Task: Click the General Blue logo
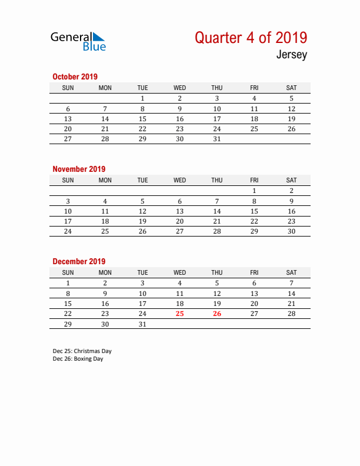(78, 41)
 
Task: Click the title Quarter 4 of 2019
(251, 38)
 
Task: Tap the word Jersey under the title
(292, 56)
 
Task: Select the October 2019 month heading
(75, 76)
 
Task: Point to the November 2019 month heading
(79, 169)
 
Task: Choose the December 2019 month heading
(79, 261)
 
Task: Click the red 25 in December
(179, 314)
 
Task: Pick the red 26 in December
(217, 314)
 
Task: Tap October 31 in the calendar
(217, 139)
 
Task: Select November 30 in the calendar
(291, 231)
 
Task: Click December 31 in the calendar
(142, 324)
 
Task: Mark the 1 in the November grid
(254, 191)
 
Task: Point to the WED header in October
(179, 88)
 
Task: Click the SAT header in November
(291, 180)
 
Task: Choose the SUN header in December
(68, 272)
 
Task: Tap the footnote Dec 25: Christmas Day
(82, 351)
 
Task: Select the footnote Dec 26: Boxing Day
(78, 359)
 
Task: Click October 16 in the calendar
(179, 119)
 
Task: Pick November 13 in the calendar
(179, 211)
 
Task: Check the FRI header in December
(254, 272)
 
